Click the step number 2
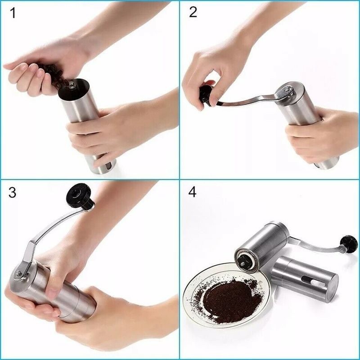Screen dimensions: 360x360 click(x=193, y=12)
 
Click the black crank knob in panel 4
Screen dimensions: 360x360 click(x=349, y=243)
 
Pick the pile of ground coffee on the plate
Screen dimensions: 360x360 click(x=227, y=299)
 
